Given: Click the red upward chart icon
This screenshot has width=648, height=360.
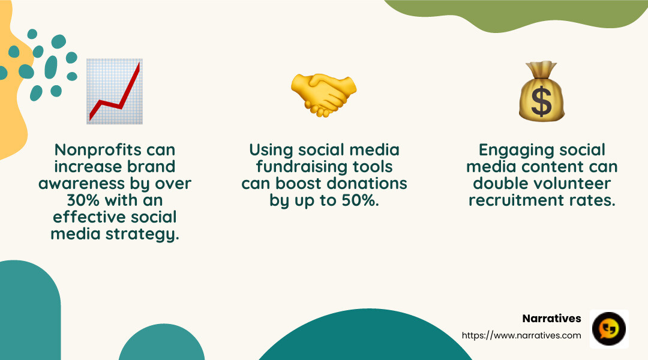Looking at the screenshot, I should click(x=115, y=91).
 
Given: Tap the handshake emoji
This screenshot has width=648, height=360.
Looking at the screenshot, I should click(x=324, y=95).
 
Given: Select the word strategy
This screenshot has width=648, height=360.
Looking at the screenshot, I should click(x=148, y=234).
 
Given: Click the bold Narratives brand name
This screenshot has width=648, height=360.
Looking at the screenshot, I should click(x=552, y=319).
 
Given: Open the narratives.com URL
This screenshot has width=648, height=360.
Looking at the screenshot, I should click(x=521, y=335).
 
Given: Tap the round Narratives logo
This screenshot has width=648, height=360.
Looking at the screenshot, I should click(x=609, y=329).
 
